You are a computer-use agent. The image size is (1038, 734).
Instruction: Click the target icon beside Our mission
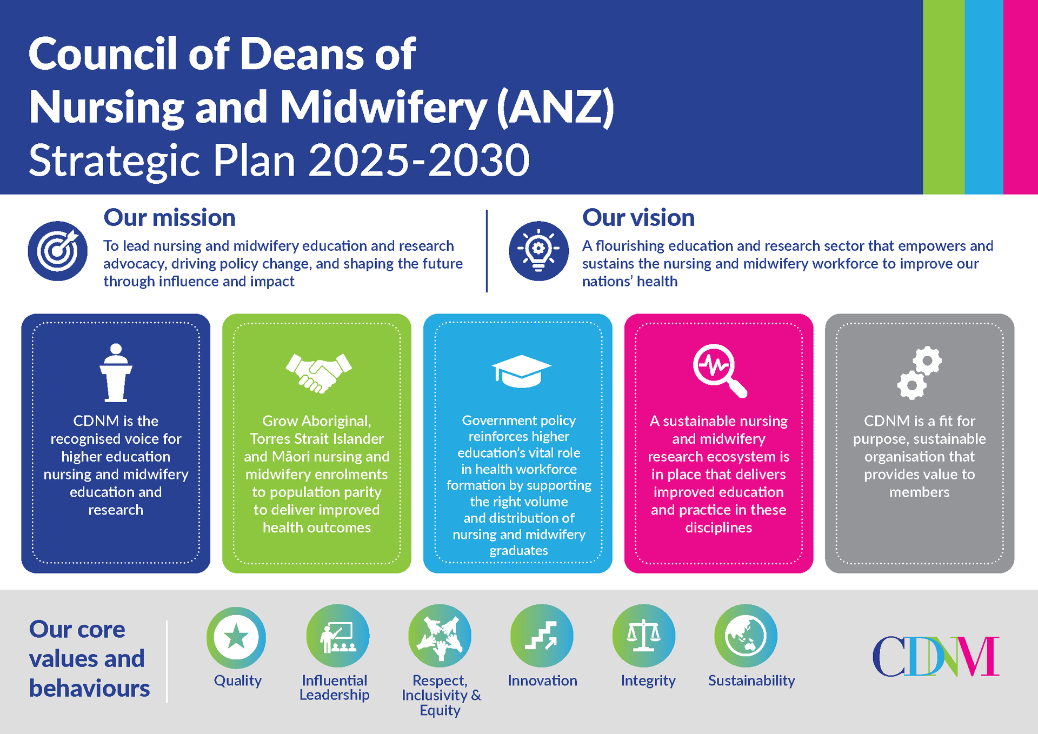point(58,251)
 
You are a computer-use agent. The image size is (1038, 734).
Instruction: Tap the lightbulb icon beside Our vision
point(538,251)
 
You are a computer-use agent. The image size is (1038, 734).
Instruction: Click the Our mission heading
point(169,218)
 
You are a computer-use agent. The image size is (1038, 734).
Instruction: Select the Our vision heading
point(638,218)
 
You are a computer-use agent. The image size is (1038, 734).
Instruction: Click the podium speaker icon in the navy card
point(116,372)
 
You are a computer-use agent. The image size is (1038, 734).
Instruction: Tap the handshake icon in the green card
point(318,372)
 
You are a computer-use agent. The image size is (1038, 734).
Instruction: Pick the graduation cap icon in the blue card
point(521,371)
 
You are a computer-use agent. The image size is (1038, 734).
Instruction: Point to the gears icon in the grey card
point(919,372)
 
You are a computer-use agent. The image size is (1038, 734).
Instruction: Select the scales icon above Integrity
point(643,636)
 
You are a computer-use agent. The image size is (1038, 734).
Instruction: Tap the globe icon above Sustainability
point(746,636)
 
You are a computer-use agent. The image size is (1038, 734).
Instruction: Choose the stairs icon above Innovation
point(542,636)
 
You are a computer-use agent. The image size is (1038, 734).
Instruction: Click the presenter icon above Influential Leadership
point(337,636)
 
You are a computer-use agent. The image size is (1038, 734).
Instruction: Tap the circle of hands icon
point(440,636)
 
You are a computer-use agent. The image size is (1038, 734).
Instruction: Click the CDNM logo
point(935,656)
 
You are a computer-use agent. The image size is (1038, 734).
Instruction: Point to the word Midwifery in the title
point(383,107)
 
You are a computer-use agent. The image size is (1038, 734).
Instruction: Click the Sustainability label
point(751,680)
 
